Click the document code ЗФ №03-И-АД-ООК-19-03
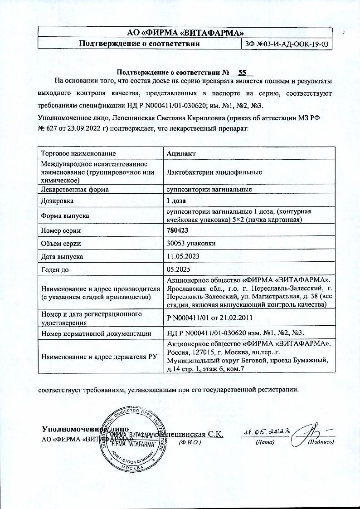286,44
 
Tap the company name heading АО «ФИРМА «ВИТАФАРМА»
185,32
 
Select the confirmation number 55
242,72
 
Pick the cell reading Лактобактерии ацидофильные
214,172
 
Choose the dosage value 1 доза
177,200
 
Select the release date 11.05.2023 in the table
183,256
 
